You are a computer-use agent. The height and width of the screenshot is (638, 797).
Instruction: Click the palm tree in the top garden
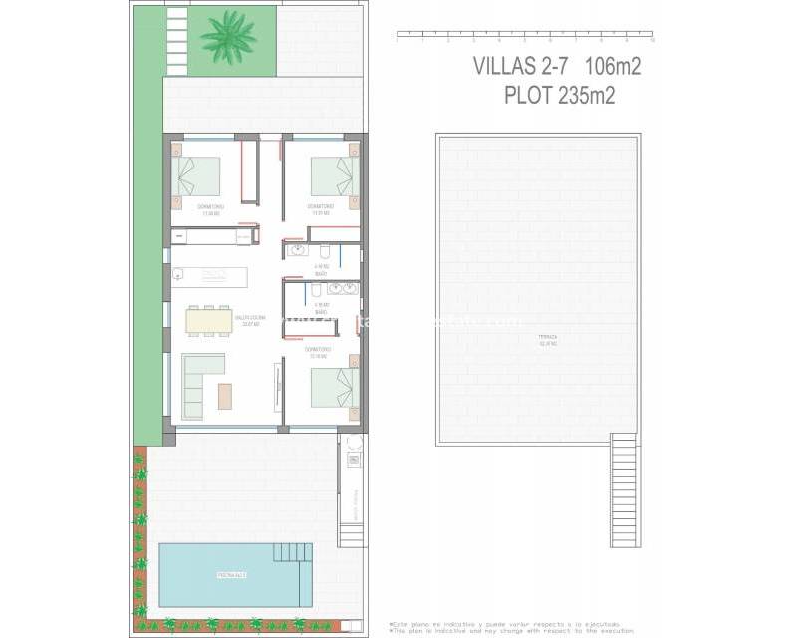(228, 37)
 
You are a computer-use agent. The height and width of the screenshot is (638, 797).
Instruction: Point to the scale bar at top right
(524, 38)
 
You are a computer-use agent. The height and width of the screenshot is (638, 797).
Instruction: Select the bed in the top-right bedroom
(333, 176)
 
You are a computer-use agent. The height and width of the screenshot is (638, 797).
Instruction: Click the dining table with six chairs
(208, 320)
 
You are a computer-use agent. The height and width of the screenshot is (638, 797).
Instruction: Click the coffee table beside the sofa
(225, 396)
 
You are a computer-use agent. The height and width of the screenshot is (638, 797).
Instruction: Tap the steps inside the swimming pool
(293, 551)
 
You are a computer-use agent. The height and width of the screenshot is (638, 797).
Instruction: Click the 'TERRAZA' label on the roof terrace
(548, 338)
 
